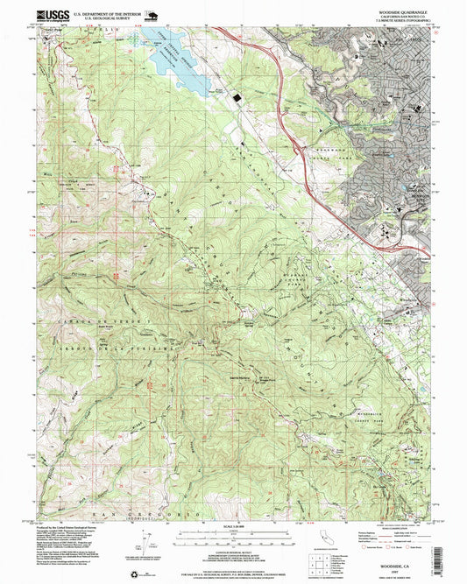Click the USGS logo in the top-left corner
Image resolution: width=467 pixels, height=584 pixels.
point(52,15)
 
